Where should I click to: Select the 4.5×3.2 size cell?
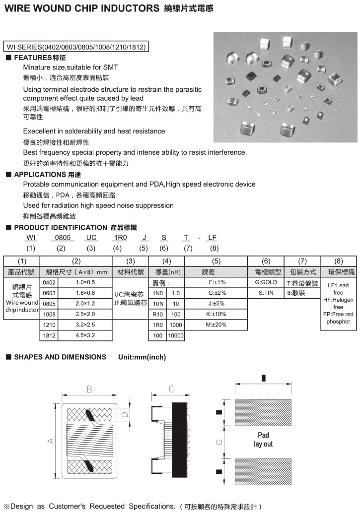pos(85,335)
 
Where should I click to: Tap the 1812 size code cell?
pos(49,335)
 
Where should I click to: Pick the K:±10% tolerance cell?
pos(216,314)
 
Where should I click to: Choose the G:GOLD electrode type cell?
pos(266,282)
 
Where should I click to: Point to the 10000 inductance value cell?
pos(176,336)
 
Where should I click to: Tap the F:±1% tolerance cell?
pos(216,282)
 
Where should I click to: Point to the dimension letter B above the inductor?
pos(89,389)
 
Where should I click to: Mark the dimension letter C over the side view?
pos(171,389)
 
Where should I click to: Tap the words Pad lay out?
pos(263,440)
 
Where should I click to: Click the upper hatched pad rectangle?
pos(263,412)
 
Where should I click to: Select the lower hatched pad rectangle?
pos(263,471)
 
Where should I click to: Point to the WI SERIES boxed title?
pos(76,47)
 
